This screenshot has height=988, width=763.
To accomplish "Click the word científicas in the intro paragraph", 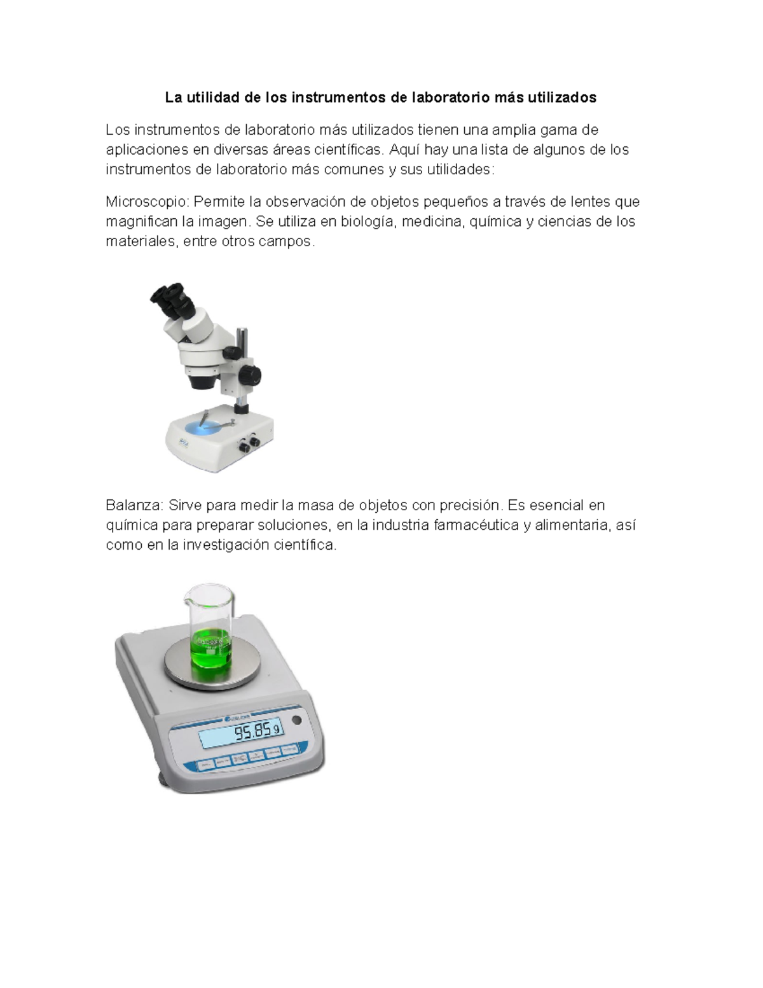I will point(348,150).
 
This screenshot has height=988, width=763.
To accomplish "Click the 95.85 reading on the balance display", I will point(253,733).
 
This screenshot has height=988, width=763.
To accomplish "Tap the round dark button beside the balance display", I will point(296,720).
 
